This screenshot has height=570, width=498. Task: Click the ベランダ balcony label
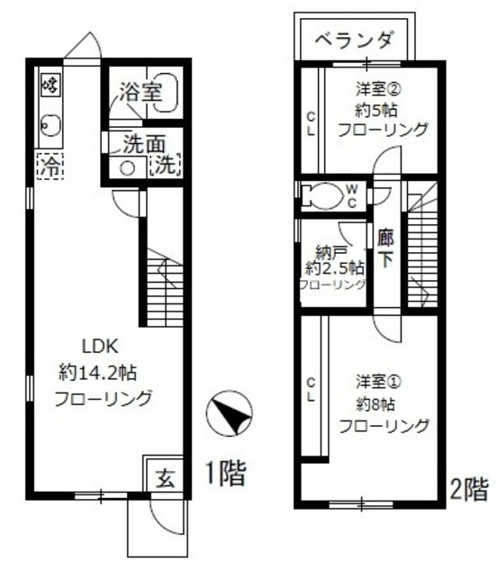point(357,40)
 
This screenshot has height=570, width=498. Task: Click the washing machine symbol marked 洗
point(166,165)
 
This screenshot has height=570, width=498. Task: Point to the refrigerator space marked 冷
point(48,165)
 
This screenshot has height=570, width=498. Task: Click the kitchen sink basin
point(50,126)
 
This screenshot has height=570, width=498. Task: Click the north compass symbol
point(225,415)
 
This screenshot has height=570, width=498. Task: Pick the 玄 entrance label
point(167,476)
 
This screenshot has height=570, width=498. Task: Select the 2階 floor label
point(469,489)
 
